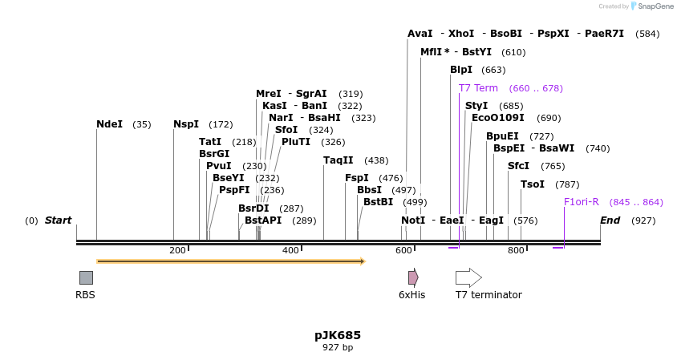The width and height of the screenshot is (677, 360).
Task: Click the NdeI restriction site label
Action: (x=109, y=124)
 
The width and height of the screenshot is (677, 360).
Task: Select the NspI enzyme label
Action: (x=186, y=124)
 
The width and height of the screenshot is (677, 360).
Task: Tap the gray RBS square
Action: (x=86, y=277)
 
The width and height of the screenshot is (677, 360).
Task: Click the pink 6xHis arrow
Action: (x=413, y=277)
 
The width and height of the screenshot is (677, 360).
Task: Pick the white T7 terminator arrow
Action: (x=468, y=277)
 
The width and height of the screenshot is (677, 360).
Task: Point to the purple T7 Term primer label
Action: (x=478, y=88)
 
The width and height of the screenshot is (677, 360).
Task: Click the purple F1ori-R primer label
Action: (x=581, y=202)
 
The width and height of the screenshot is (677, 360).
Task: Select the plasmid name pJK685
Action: (x=338, y=335)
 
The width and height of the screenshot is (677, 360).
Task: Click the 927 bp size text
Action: (x=338, y=348)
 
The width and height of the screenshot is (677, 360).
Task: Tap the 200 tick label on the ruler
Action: (x=177, y=250)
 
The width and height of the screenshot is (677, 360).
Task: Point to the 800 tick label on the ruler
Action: (x=515, y=250)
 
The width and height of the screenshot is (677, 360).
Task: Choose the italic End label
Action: (x=610, y=220)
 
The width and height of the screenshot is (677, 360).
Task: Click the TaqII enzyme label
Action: (x=338, y=160)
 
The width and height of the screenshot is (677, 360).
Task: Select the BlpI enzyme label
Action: (x=461, y=70)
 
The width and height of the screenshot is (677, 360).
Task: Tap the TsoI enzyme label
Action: (x=533, y=184)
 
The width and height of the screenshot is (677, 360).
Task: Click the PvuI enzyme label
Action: (x=218, y=166)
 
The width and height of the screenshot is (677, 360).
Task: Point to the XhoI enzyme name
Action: (x=461, y=34)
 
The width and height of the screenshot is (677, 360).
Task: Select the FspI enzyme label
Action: (x=357, y=178)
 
